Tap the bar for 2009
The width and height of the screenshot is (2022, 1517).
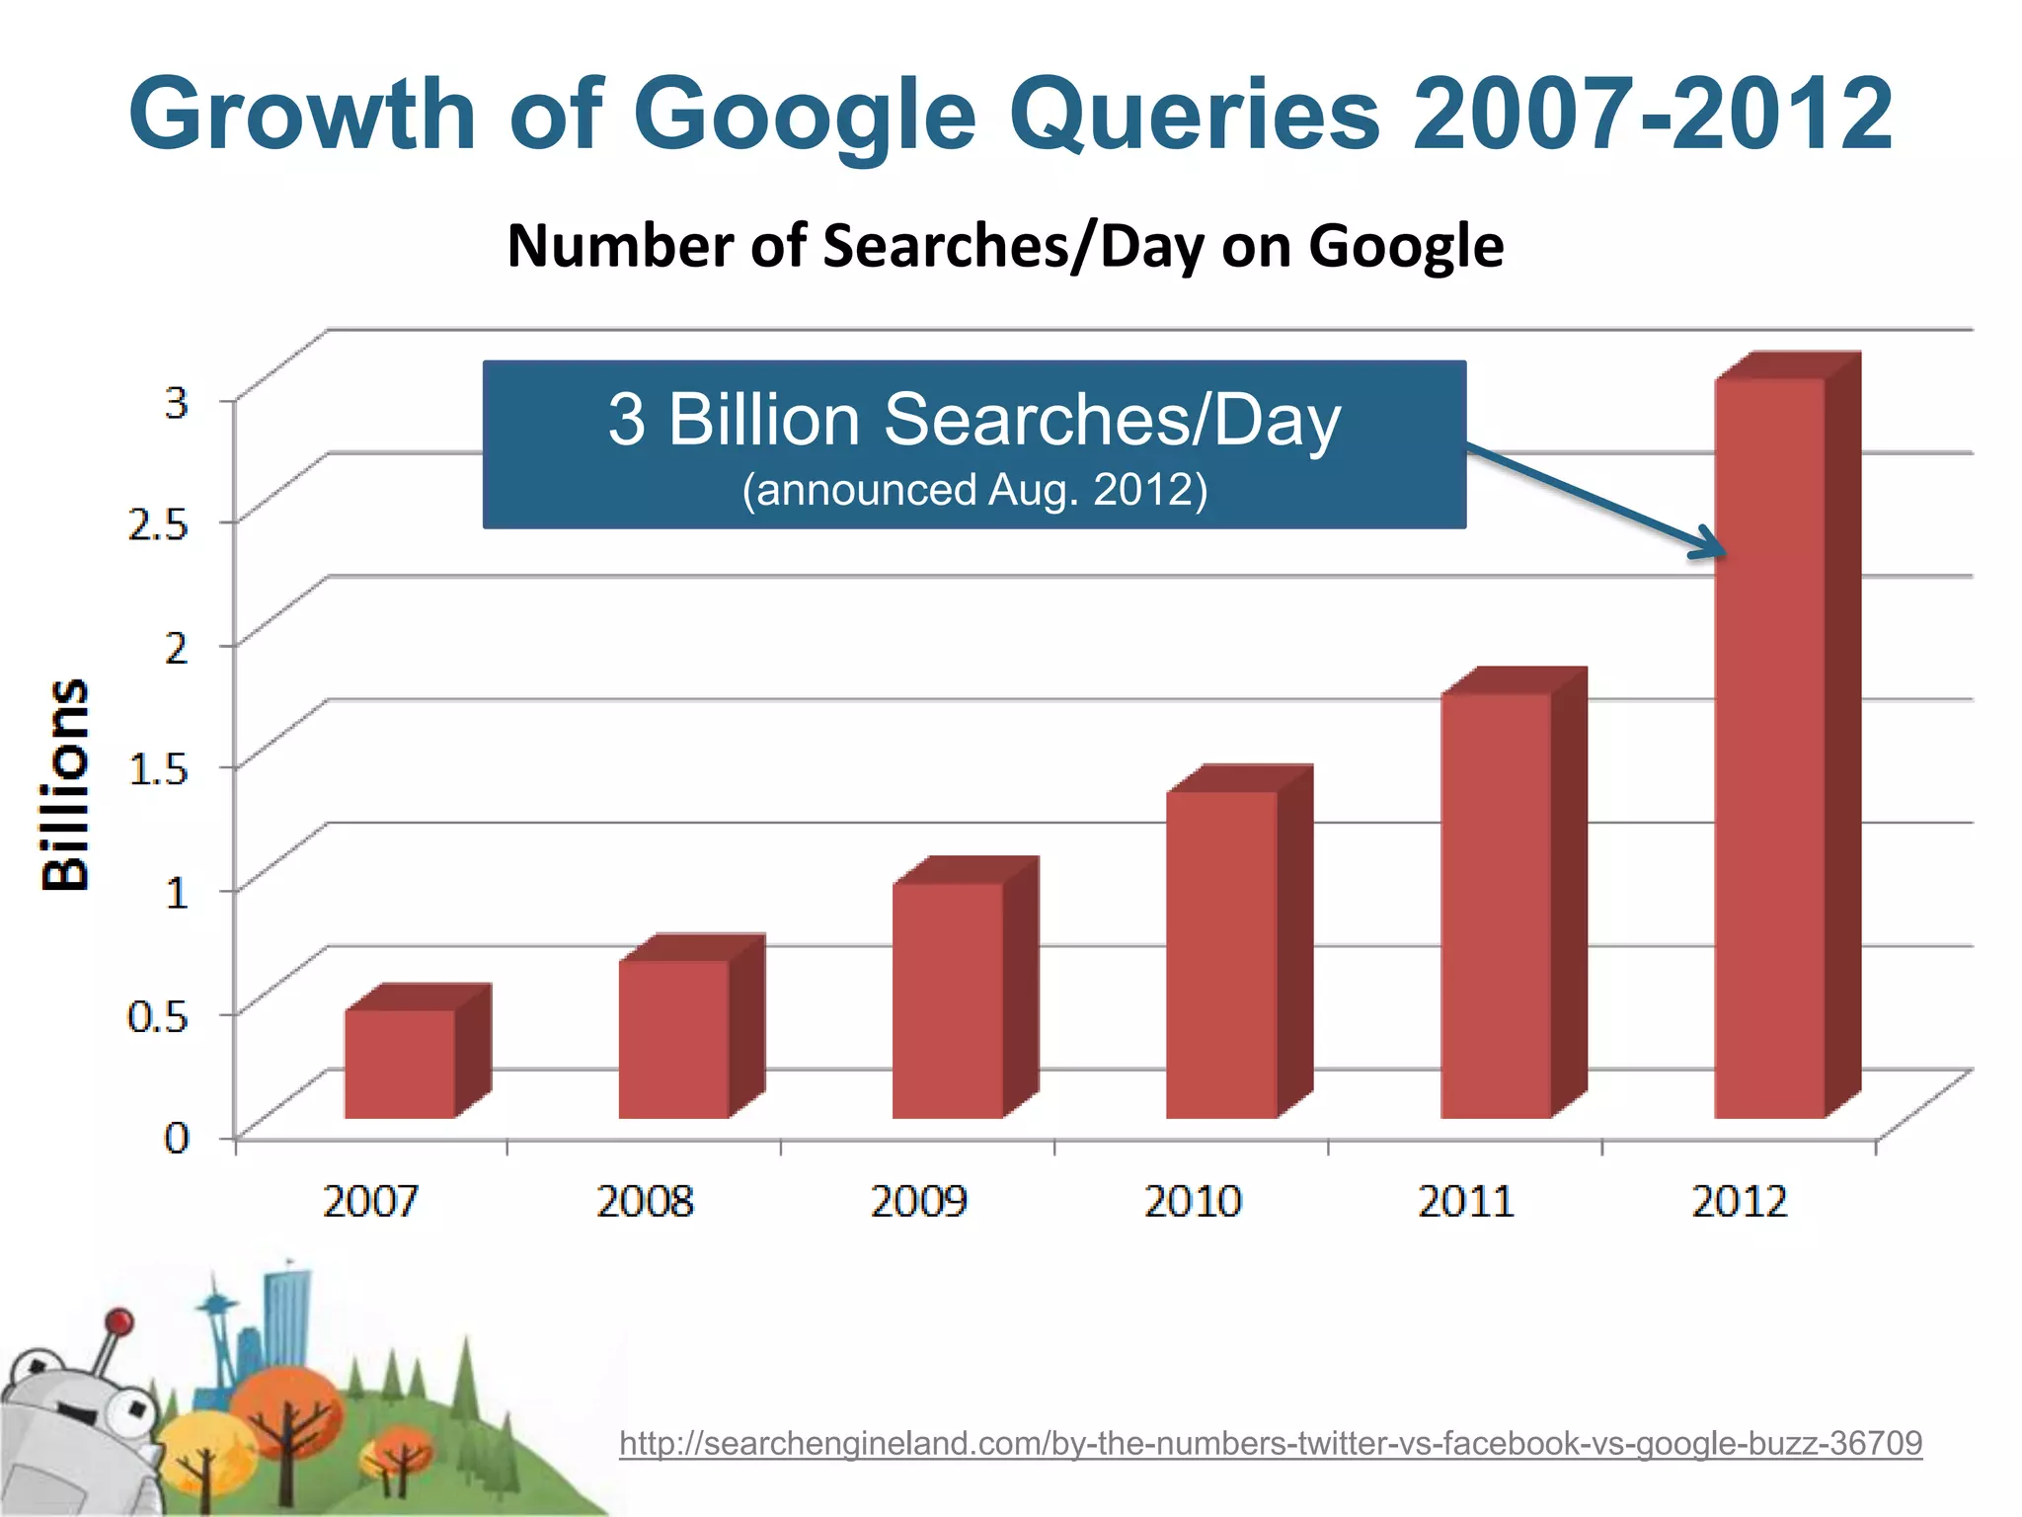click(x=948, y=999)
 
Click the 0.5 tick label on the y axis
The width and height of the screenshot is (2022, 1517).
click(x=158, y=1015)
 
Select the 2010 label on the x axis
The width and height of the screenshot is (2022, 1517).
click(x=1193, y=1202)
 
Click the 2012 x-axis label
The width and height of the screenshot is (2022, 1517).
click(x=1740, y=1202)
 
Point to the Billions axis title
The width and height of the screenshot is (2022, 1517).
click(x=66, y=785)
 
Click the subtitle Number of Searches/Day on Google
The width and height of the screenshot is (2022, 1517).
click(x=1005, y=246)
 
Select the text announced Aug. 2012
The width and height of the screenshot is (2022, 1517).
click(x=974, y=490)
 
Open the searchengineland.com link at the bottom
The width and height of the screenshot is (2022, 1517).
click(x=1271, y=1443)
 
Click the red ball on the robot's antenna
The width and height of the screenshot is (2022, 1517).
click(x=119, y=1321)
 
